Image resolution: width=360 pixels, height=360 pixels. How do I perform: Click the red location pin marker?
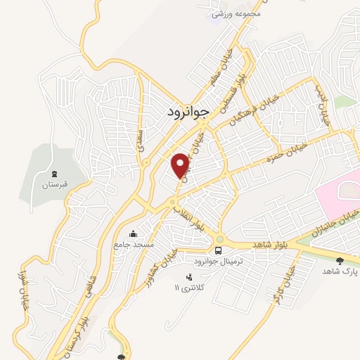180,165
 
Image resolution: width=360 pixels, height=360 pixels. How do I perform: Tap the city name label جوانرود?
189,112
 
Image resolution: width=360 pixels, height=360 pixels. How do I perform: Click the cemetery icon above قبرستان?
54,174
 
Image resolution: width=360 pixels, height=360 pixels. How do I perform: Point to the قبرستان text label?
54,185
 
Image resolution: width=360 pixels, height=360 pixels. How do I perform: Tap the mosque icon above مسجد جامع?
134,234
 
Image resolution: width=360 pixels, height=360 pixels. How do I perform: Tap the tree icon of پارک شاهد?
341,260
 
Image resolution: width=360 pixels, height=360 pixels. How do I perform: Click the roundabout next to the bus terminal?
219,238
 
